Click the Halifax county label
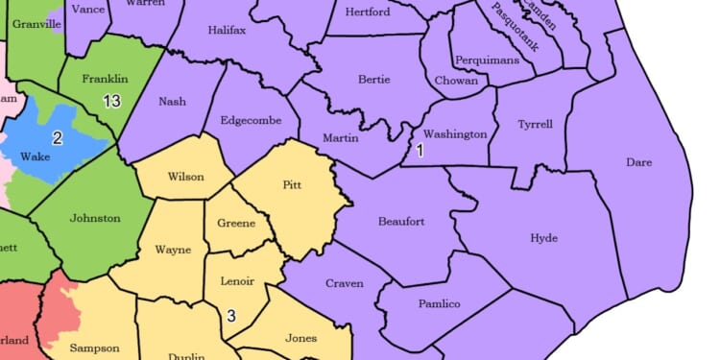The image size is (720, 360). (228, 31)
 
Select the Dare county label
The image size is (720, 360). (638, 162)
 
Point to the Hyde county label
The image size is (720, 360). (543, 238)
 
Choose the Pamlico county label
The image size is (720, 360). (440, 304)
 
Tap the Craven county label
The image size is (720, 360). (345, 283)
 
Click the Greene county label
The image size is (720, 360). (237, 224)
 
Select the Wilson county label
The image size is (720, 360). (185, 177)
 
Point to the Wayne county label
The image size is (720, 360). (174, 251)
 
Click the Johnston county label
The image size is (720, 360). (96, 218)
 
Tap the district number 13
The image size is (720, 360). (110, 101)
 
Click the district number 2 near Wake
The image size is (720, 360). (57, 138)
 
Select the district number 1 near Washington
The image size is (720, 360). (419, 151)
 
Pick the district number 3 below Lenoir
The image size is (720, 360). (230, 315)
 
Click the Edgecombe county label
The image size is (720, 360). (250, 122)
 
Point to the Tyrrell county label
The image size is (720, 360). (535, 125)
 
